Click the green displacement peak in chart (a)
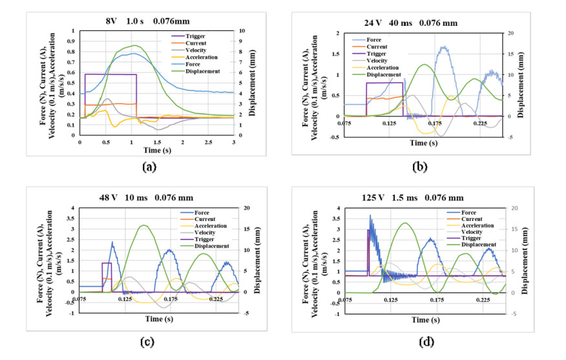(134, 45)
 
